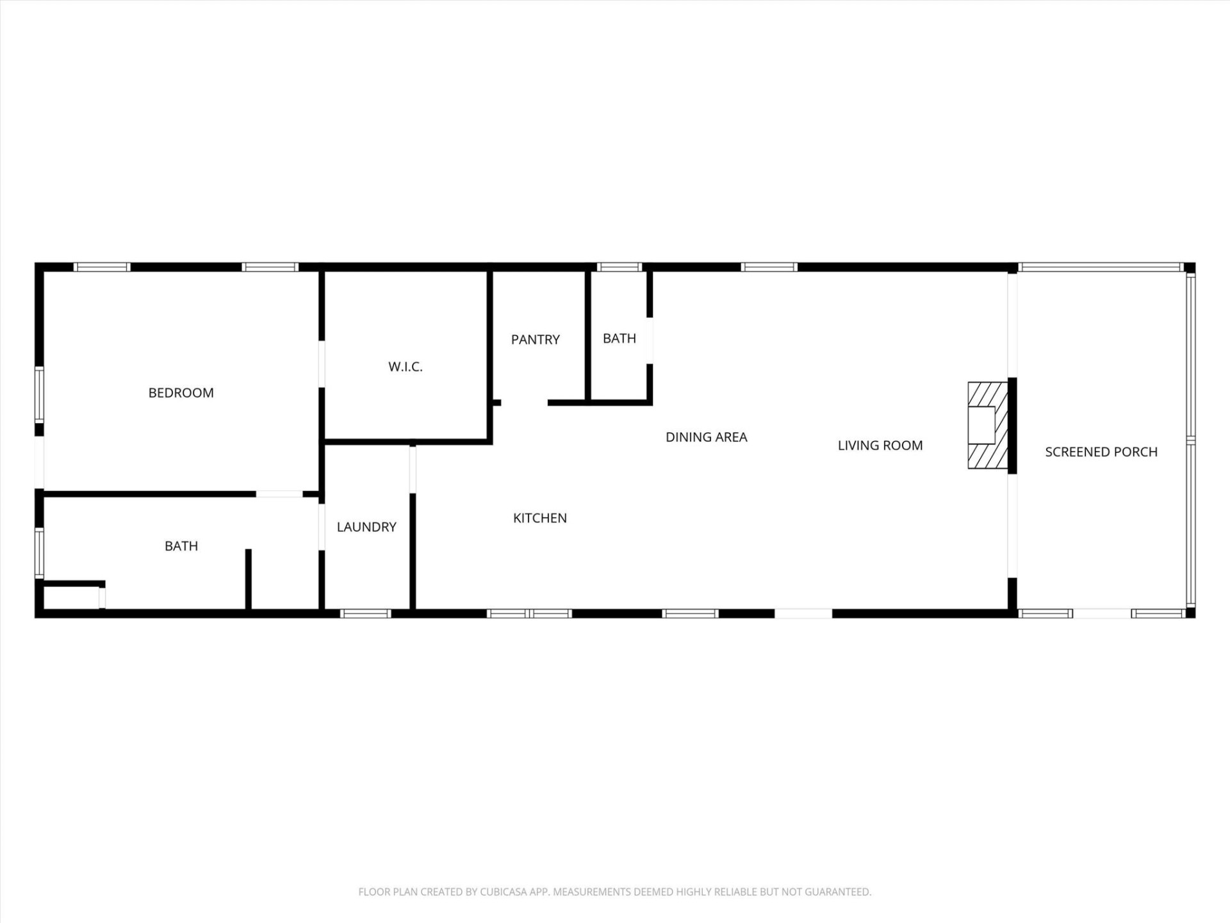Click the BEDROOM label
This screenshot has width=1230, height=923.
pyautogui.click(x=181, y=393)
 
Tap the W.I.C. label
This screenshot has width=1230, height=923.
pyautogui.click(x=405, y=367)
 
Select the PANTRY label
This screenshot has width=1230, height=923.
pyautogui.click(x=535, y=340)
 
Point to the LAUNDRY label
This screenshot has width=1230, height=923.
pyautogui.click(x=366, y=527)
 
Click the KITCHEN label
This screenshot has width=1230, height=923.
pyautogui.click(x=539, y=518)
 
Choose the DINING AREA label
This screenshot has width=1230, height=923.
pyautogui.click(x=706, y=437)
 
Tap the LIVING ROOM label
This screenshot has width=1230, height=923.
pyautogui.click(x=880, y=445)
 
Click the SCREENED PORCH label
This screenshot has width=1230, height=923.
pyautogui.click(x=1101, y=452)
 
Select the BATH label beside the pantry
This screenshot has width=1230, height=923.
pyautogui.click(x=619, y=338)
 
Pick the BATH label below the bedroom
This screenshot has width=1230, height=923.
pyautogui.click(x=181, y=546)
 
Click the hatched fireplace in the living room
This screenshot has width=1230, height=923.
pyautogui.click(x=987, y=426)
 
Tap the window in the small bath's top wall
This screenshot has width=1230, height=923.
pyautogui.click(x=619, y=267)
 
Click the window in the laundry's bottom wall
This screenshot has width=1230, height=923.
pyautogui.click(x=365, y=614)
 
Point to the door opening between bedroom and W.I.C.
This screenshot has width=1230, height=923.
pyautogui.click(x=322, y=364)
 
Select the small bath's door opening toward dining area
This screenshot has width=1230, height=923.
pyautogui.click(x=650, y=340)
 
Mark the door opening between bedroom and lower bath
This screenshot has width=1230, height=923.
pyautogui.click(x=279, y=494)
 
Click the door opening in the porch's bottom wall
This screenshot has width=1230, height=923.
pyautogui.click(x=1101, y=614)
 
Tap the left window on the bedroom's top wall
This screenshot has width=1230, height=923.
pyautogui.click(x=102, y=267)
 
